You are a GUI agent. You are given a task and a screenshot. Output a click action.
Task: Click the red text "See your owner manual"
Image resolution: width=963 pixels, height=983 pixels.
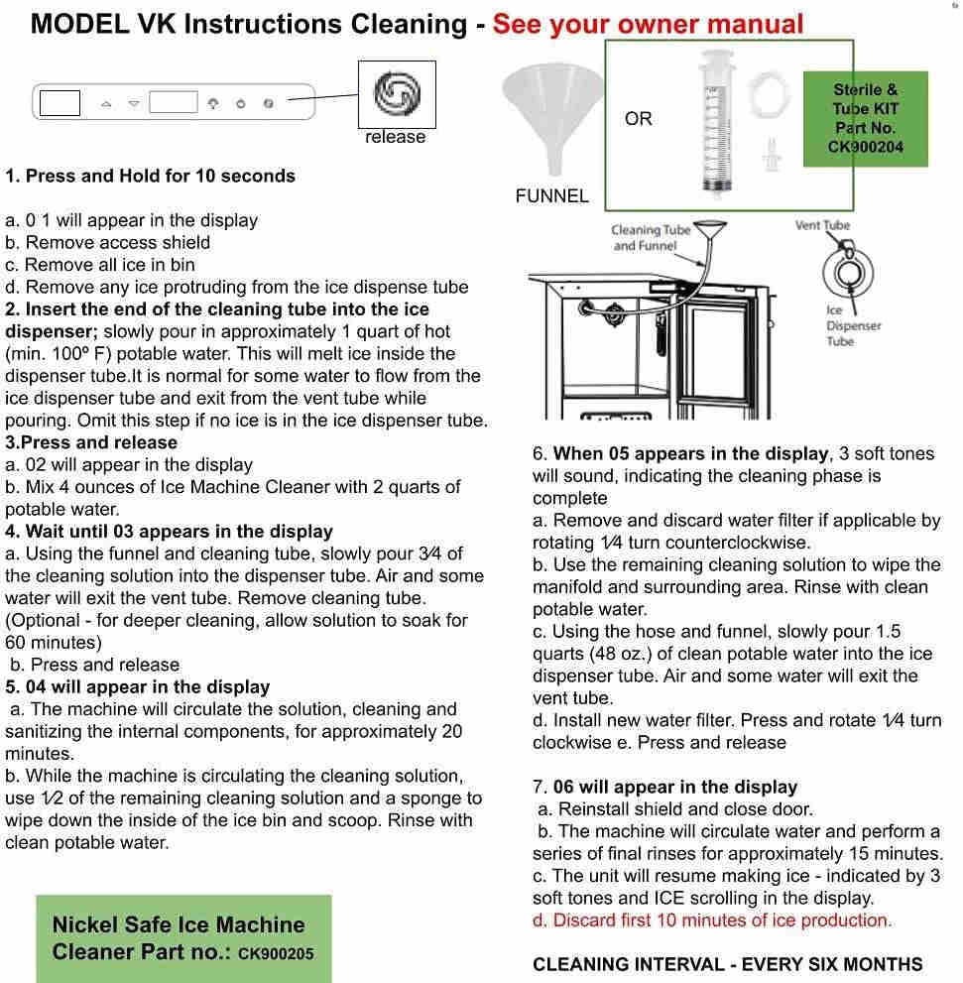(648, 24)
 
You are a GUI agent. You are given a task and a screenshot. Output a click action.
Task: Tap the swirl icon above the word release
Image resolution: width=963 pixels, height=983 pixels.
(397, 94)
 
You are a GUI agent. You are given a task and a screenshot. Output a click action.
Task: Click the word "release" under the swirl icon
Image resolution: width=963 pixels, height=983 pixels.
(395, 137)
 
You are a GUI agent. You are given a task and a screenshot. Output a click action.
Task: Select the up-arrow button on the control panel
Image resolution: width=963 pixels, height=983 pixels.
(106, 103)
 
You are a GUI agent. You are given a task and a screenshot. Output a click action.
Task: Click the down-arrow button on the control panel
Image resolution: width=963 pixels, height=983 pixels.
(134, 103)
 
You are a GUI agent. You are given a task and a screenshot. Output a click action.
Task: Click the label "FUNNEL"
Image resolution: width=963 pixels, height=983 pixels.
(551, 196)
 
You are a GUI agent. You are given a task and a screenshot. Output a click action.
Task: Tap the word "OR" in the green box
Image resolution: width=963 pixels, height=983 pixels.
(639, 119)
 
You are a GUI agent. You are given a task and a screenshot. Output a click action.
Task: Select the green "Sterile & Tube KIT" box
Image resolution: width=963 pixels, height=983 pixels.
(865, 109)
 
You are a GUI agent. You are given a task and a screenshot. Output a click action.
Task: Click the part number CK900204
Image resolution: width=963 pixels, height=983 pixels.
(866, 147)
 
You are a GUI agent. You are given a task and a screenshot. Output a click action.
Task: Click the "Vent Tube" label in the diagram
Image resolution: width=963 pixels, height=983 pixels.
(822, 225)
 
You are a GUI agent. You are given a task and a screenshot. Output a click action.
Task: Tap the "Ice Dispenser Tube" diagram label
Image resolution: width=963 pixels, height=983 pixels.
(853, 325)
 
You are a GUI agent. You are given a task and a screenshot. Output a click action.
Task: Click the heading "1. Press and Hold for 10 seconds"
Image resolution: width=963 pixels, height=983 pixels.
(151, 177)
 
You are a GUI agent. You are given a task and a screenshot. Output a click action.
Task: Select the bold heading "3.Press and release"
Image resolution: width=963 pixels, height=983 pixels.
(91, 442)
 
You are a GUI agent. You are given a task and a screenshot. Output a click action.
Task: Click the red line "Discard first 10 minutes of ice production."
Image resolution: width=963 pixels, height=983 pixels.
(712, 921)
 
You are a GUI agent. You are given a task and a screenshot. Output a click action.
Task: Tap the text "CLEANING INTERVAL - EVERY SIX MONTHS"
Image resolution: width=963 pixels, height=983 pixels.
(728, 964)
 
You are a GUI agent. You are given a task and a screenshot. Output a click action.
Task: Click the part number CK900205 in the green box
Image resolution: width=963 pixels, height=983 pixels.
(277, 954)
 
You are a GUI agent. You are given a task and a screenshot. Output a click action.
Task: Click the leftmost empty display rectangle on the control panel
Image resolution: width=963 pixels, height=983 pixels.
(60, 102)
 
